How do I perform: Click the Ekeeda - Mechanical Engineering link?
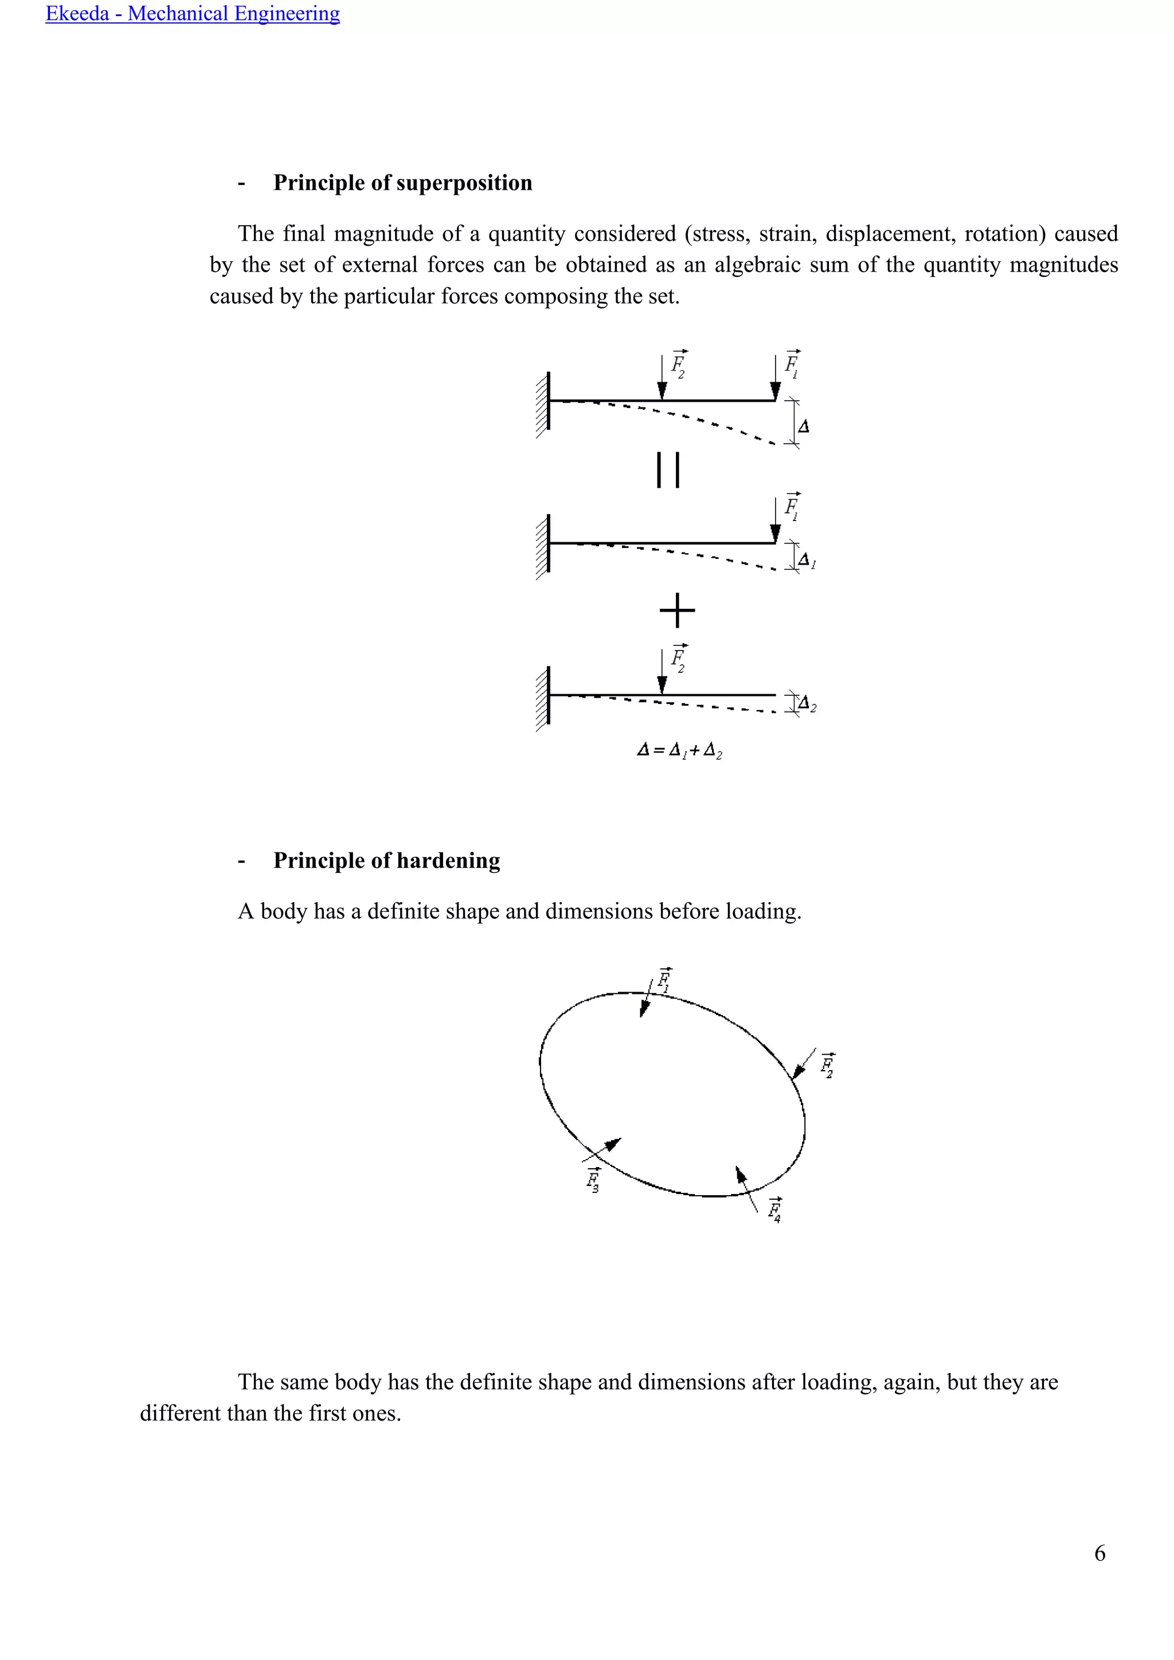tap(192, 14)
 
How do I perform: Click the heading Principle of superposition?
tap(402, 183)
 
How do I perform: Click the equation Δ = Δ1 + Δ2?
tap(679, 750)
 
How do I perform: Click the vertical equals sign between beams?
tap(667, 470)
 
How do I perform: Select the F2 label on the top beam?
tap(678, 365)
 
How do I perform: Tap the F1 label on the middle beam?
tap(792, 507)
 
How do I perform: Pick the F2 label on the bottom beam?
tap(678, 659)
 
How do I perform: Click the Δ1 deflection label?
tap(807, 561)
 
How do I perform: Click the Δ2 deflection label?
tap(807, 703)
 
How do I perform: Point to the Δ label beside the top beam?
tap(803, 426)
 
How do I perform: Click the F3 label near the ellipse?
tap(593, 1179)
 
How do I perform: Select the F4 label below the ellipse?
tap(774, 1209)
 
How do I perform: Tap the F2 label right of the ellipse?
tap(827, 1065)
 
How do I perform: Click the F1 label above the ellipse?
tap(664, 980)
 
